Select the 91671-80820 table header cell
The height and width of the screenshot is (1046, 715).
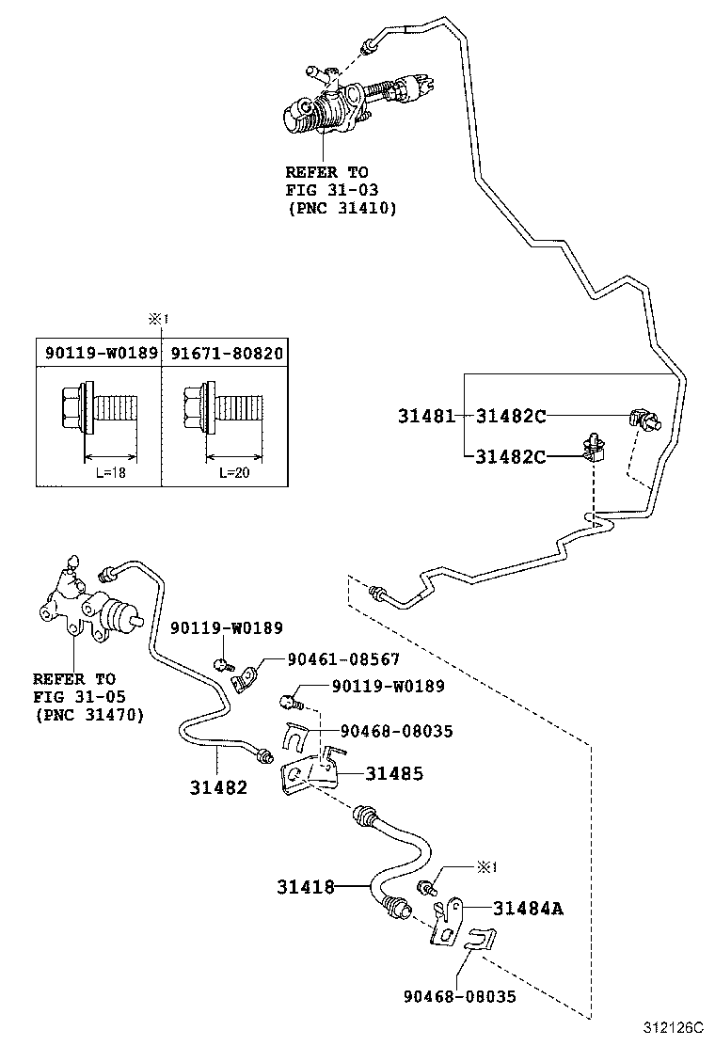click(x=226, y=353)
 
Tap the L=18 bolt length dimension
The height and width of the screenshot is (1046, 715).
click(x=110, y=472)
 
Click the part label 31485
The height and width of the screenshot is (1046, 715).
click(x=393, y=773)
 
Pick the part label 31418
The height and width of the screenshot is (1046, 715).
click(x=306, y=886)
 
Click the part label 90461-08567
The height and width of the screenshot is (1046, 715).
click(x=330, y=660)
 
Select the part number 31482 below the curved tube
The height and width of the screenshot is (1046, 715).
click(x=218, y=786)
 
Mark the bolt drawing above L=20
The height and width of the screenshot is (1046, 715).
click(x=221, y=406)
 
